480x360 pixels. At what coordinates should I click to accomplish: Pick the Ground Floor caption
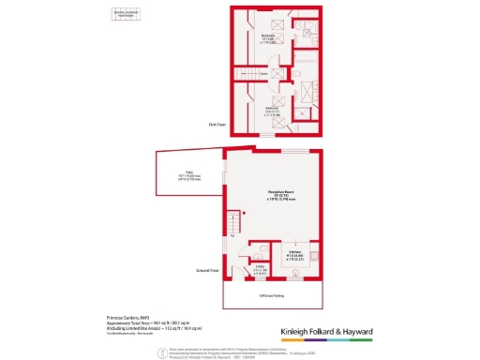[x=208, y=270]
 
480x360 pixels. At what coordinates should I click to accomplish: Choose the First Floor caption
[x=217, y=124]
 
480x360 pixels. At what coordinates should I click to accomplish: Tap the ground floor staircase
[x=232, y=225]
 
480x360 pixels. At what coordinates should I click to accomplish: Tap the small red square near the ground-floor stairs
[x=243, y=214]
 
